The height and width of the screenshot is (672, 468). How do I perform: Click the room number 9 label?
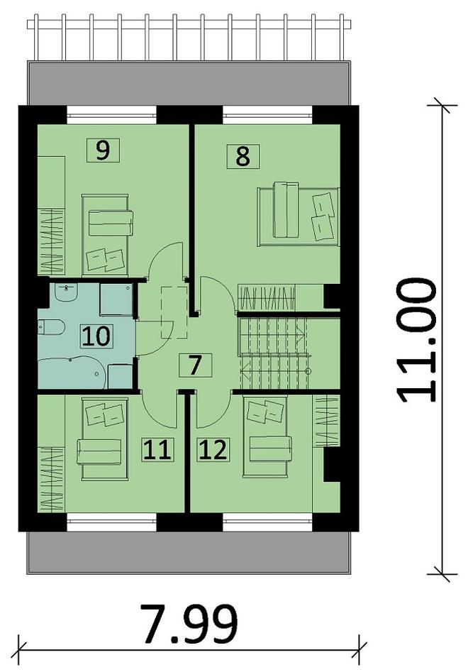click(103, 150)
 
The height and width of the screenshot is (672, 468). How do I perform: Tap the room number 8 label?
click(243, 156)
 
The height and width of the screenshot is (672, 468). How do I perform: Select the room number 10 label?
click(96, 336)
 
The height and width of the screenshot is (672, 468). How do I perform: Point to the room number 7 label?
click(195, 365)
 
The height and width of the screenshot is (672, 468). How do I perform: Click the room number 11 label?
click(157, 450)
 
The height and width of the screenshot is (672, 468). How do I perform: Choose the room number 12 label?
click(213, 450)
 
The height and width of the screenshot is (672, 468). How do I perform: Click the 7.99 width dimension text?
click(189, 624)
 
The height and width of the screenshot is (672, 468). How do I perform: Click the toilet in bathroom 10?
click(51, 328)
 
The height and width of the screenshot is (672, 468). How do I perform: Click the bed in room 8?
click(299, 217)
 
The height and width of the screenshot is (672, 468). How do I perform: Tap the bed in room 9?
click(105, 235)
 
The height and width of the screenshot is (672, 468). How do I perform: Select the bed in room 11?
click(105, 438)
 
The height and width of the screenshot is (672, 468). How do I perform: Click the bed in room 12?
click(265, 436)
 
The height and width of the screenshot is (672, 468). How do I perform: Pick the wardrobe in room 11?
click(51, 480)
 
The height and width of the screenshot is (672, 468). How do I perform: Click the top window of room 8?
click(267, 114)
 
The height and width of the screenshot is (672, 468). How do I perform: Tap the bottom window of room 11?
click(112, 522)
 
